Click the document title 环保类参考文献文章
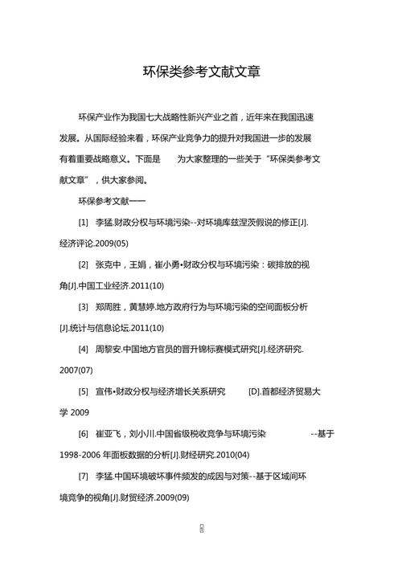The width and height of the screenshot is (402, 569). (201, 72)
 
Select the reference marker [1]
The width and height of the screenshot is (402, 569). (84, 221)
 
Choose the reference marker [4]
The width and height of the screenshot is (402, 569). (84, 349)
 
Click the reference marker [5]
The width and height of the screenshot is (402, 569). (84, 391)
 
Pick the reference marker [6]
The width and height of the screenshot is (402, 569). (84, 434)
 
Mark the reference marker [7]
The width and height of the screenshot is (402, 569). (84, 477)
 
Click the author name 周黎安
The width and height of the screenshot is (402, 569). (109, 349)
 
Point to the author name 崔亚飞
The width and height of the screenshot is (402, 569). (109, 434)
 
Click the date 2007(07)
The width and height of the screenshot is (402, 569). (76, 370)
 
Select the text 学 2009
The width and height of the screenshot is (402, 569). (74, 413)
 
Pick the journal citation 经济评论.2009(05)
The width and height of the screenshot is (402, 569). (93, 243)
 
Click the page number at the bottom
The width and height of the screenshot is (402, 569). (201, 528)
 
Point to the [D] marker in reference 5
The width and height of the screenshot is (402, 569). (253, 391)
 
